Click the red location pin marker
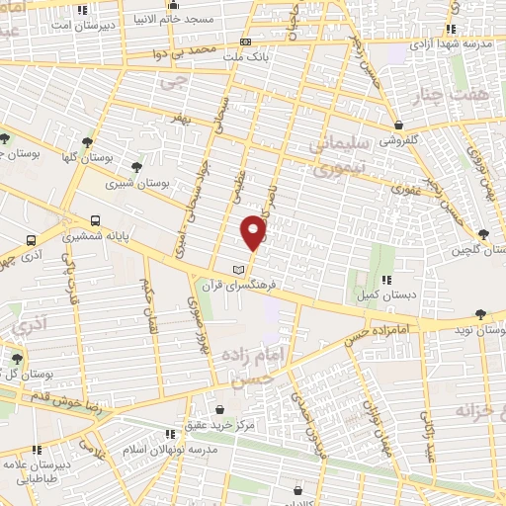pos(254,231)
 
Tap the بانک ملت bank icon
pos(245,42)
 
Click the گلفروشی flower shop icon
pos(397,126)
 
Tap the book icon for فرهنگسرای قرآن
pos(236,270)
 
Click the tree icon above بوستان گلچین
pos(483,233)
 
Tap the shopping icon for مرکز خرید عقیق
pos(219,408)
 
